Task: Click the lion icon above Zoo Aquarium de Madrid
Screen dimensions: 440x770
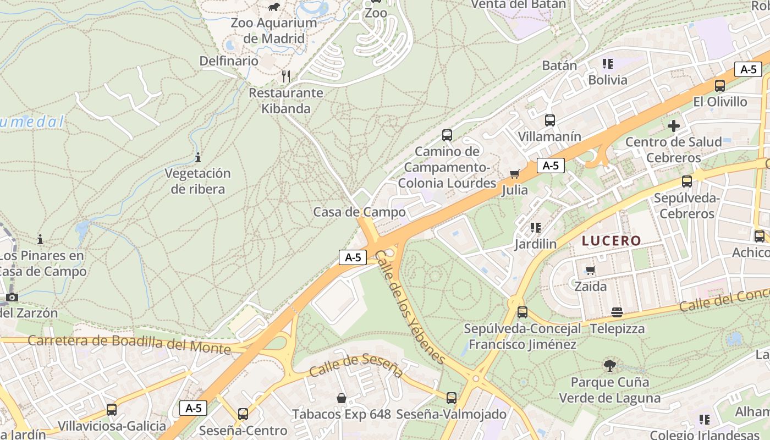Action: point(273,7)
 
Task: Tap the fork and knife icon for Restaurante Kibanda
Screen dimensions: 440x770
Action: point(285,76)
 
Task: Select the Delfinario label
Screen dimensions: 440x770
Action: point(229,61)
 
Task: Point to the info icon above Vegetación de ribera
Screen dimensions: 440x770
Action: point(198,158)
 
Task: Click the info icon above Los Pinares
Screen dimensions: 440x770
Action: point(40,240)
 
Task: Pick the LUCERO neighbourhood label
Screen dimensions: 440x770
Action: point(612,241)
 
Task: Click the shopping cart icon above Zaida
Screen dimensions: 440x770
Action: point(591,270)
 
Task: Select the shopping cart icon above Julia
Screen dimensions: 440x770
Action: point(515,174)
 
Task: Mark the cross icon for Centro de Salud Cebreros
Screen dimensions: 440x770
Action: point(673,126)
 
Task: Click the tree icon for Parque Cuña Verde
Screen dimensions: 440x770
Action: point(609,365)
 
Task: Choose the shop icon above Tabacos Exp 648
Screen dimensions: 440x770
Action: point(342,398)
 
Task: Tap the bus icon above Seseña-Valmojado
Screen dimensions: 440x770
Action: point(452,398)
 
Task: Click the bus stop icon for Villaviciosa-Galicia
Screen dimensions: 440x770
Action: point(112,410)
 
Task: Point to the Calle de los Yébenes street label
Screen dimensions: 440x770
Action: point(410,308)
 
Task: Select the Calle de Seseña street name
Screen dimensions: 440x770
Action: point(356,366)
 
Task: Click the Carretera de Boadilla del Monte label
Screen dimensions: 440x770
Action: point(129,344)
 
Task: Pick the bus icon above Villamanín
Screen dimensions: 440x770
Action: point(549,120)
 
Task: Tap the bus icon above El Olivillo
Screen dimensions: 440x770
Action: point(719,86)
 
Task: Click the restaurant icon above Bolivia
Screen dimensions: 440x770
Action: point(607,64)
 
